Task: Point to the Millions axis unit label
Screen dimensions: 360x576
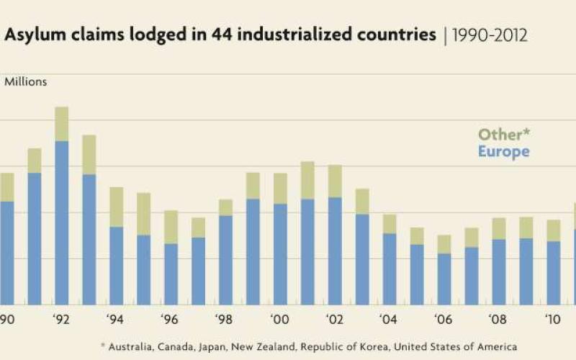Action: coord(26,82)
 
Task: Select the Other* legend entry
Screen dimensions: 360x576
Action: coord(504,135)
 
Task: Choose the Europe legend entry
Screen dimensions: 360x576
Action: coord(504,152)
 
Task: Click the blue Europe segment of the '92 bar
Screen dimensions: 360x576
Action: coord(62,223)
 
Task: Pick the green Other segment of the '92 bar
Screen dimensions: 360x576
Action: coord(62,124)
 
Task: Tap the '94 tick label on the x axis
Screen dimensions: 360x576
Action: coord(116,320)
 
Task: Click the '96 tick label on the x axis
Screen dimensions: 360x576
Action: coord(171,320)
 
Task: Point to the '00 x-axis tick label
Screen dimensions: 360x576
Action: coord(279,320)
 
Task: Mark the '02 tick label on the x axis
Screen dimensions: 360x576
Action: coord(334,320)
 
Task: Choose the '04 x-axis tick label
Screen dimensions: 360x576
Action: coord(389,320)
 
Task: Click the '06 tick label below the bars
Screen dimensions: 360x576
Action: coord(444,320)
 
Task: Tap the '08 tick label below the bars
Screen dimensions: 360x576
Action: coord(498,320)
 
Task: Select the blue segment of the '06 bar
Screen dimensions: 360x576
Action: coord(444,279)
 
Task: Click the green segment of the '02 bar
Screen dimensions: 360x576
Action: coord(335,181)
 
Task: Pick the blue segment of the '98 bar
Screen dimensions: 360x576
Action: coord(226,259)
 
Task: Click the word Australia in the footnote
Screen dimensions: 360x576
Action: coord(132,346)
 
